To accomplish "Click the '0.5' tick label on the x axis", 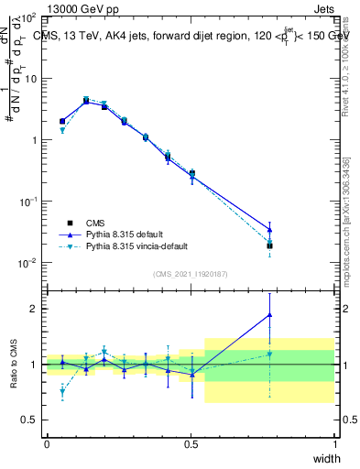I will pos(191,444).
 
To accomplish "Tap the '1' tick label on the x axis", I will pos(333,444).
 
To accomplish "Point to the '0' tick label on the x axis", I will pos(47,444).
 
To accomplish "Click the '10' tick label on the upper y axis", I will pos(29,79).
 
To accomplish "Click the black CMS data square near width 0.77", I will pos(269,245).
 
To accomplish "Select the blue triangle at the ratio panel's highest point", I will pos(269,315).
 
